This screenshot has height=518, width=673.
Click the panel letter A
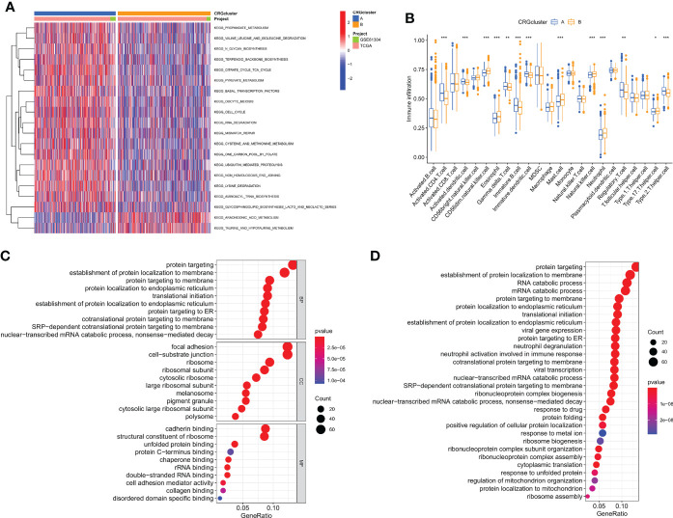(x=8, y=8)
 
